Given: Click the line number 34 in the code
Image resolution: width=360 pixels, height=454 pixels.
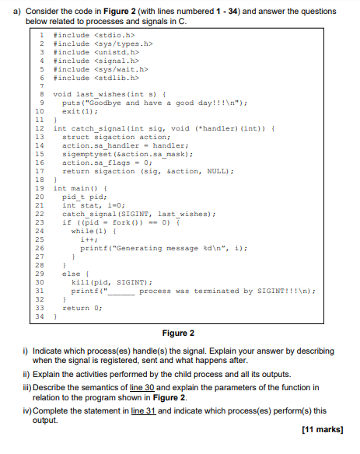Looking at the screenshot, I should point(37,317).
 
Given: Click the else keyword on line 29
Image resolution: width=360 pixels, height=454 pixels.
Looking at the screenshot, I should point(70,274).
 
